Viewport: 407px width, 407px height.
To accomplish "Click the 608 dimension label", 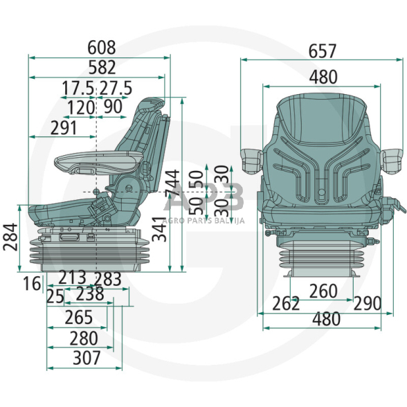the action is [102, 48].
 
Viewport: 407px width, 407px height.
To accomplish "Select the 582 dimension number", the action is [102, 67].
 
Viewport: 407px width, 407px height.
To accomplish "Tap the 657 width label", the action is [323, 51].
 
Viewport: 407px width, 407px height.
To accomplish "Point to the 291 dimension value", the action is [64, 127].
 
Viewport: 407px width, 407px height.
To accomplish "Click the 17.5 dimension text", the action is [78, 88].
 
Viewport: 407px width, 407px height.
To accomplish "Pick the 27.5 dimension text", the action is [116, 88].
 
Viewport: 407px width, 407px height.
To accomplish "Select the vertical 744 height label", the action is [172, 183].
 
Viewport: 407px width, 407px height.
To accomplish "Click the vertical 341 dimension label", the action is [159, 229].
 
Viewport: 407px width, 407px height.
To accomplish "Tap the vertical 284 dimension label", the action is [10, 237].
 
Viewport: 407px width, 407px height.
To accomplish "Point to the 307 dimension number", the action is [87, 357].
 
